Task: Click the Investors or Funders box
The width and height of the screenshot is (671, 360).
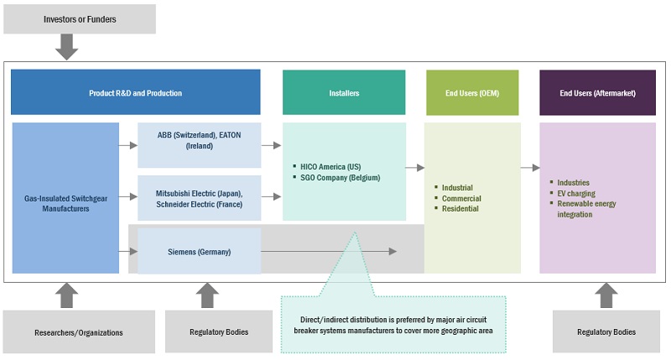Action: (80, 18)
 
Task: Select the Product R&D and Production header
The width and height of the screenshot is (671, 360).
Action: (135, 92)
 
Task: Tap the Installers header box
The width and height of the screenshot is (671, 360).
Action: (344, 92)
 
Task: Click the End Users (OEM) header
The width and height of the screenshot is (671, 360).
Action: (471, 92)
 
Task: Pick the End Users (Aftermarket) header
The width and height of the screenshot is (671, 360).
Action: (597, 92)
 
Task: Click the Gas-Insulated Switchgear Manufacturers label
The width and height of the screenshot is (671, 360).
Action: (65, 203)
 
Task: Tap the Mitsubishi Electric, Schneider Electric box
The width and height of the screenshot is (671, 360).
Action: (199, 198)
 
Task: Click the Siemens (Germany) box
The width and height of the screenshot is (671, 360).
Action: (199, 251)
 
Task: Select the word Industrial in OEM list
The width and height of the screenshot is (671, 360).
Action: (457, 188)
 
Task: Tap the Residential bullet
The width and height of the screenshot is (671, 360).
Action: (460, 209)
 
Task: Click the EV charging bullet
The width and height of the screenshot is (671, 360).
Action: (578, 193)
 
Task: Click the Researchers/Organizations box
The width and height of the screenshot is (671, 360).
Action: (80, 332)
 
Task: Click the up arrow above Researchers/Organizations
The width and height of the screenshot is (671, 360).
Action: (66, 295)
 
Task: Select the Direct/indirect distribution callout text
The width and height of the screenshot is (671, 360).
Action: (393, 325)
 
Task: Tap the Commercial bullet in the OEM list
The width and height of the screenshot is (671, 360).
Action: (460, 199)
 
